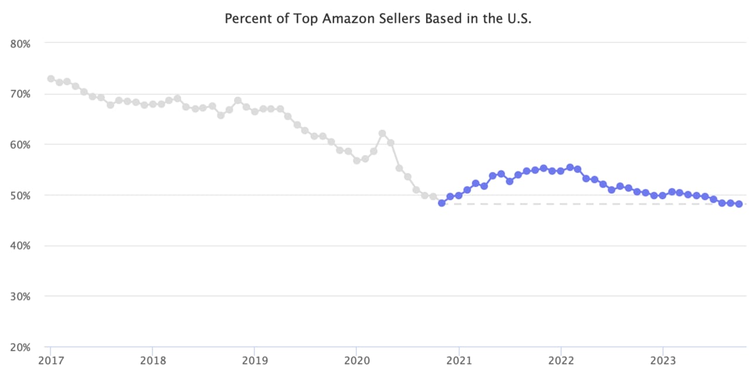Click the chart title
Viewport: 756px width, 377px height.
tap(378, 19)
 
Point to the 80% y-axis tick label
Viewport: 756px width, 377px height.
tap(20, 43)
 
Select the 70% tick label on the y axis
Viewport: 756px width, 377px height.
tap(20, 94)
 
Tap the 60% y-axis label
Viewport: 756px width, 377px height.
tap(20, 144)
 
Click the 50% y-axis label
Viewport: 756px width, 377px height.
tap(20, 195)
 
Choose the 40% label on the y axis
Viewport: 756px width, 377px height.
tap(20, 245)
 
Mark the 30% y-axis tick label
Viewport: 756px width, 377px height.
tap(20, 296)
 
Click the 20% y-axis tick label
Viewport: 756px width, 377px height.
tap(20, 347)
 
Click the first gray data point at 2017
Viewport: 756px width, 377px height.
tap(51, 79)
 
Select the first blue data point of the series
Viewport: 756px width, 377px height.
tap(442, 203)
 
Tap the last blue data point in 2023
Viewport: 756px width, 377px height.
tap(739, 204)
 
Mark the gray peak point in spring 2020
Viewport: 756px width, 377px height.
tap(382, 133)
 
